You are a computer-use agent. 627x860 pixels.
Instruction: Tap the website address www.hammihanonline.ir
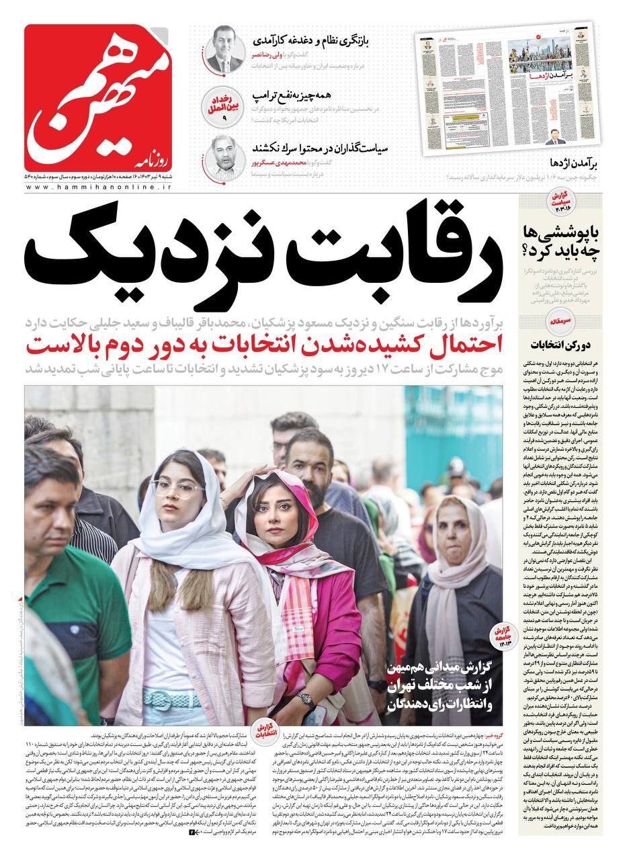(98, 186)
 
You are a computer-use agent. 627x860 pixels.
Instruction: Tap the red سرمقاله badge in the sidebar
(562, 322)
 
